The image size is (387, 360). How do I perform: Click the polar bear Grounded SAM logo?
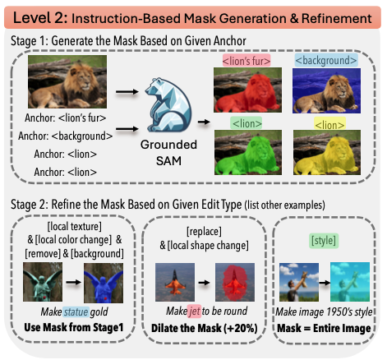coord(168,105)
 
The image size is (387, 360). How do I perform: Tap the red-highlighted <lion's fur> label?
coord(246,61)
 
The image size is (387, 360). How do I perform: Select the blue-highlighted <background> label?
coord(326,60)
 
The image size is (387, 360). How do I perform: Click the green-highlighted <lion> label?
coord(246,123)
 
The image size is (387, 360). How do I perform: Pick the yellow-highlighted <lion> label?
coord(329,124)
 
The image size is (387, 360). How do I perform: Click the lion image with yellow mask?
coord(327,153)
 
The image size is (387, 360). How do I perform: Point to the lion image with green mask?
coord(248,153)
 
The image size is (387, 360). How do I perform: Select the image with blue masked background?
coord(326,90)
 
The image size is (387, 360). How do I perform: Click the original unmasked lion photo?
coord(67,81)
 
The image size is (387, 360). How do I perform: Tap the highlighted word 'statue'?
coord(76,312)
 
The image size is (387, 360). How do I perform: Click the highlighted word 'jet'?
coord(194,312)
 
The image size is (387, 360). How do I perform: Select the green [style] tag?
coord(324,241)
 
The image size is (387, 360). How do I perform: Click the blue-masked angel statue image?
coord(104,283)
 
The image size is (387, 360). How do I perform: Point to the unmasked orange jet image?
coord(175,282)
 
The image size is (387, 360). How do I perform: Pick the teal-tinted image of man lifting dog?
coord(350,282)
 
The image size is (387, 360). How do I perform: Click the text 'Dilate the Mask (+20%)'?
coord(205,328)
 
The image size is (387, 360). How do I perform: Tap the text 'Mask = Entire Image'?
coord(324,328)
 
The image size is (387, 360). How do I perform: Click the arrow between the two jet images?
coord(205,282)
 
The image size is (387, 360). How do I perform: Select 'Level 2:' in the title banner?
coord(40,18)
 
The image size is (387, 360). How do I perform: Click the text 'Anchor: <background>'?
coord(66,136)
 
